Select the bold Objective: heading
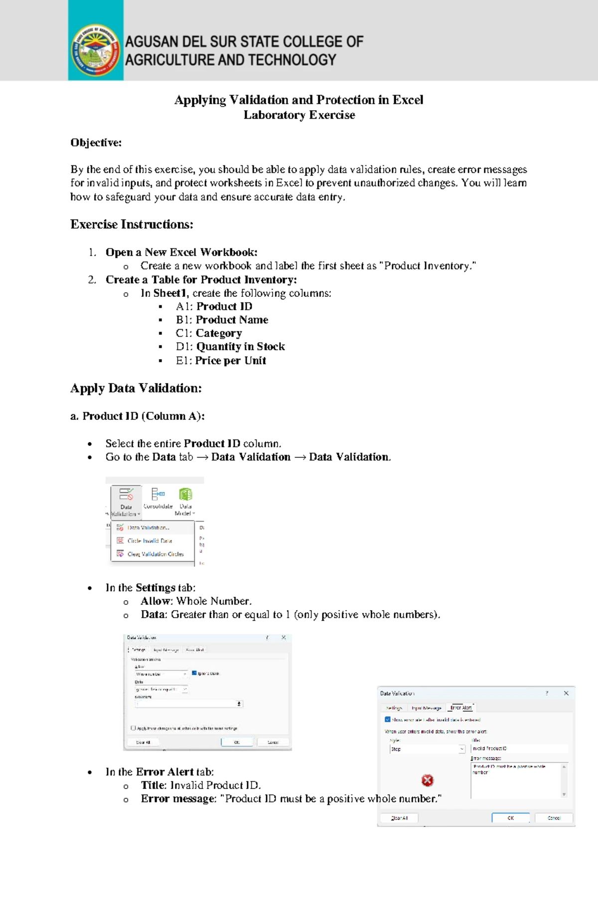[96, 142]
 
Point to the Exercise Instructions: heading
[132, 224]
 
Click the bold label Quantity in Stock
[240, 346]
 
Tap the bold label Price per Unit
[230, 360]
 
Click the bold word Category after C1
[218, 333]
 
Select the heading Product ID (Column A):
[138, 416]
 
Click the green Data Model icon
[185, 494]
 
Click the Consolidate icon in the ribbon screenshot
[157, 494]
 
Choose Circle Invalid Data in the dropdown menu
[149, 540]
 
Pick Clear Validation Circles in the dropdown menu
[155, 554]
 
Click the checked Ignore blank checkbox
[194, 673]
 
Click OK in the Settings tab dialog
[237, 742]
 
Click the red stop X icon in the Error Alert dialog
[427, 781]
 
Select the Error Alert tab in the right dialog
[461, 707]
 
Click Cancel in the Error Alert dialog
[554, 818]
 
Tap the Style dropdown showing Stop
[427, 749]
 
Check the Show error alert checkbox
[388, 720]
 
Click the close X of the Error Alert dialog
[566, 693]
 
